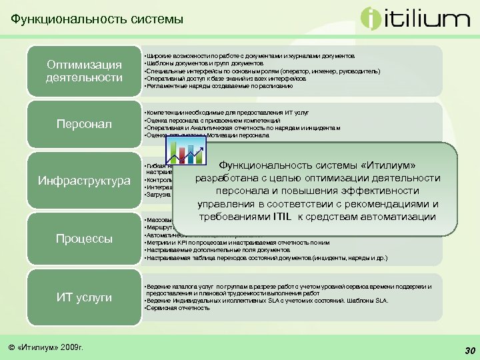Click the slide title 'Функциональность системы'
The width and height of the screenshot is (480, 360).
point(97,20)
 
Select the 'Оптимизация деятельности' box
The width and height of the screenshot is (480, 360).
point(84,71)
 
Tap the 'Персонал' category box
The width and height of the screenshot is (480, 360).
point(84,125)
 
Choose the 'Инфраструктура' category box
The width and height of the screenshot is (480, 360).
point(84,181)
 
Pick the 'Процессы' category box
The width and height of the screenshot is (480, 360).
point(84,239)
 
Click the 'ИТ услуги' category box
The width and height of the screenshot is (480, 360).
point(84,297)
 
